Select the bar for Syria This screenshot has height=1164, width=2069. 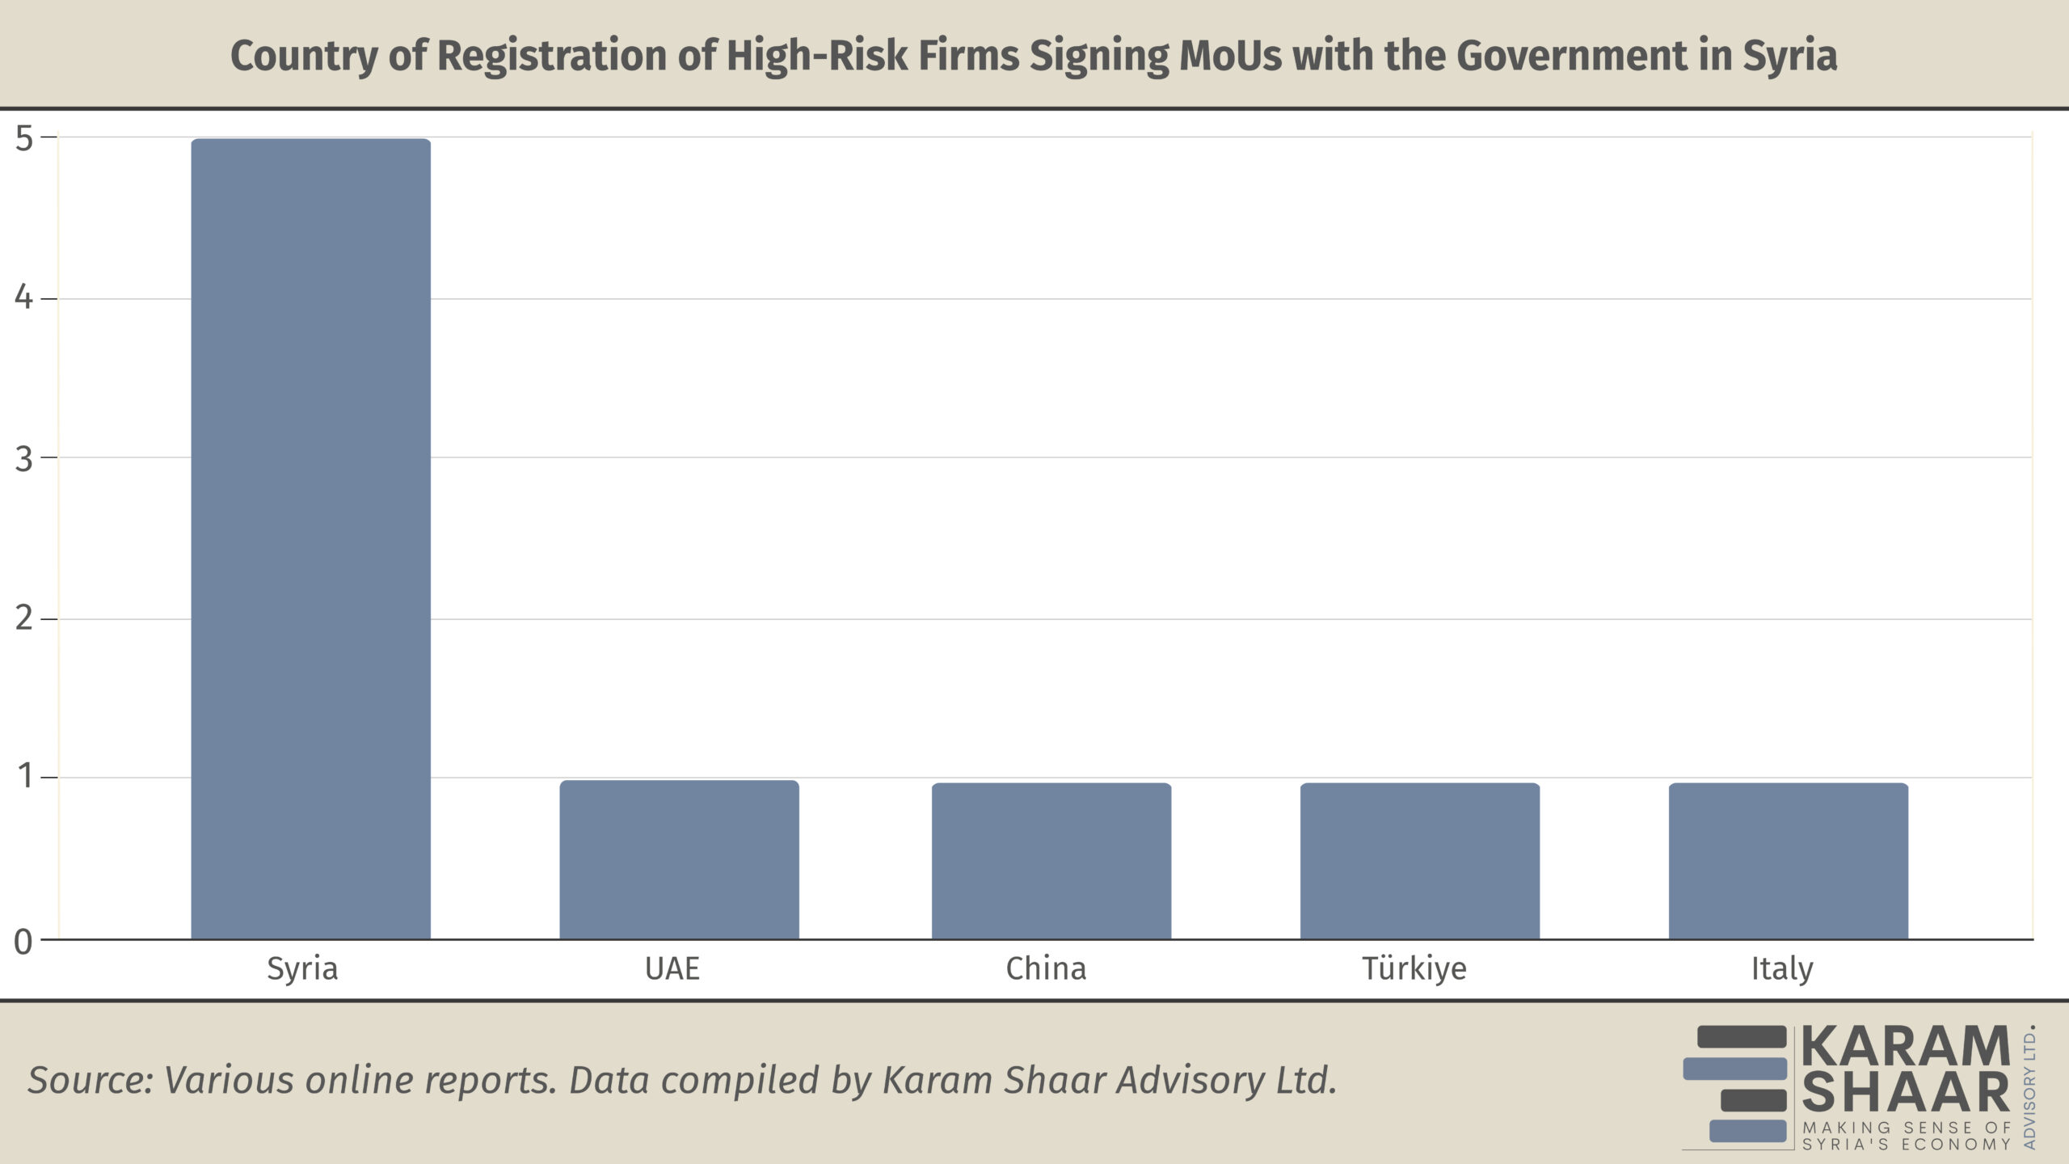(310, 538)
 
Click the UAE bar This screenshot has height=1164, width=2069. (679, 859)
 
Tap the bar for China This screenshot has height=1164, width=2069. (1051, 861)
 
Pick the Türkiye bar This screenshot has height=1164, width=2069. (1419, 861)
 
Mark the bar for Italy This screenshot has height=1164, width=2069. (1788, 861)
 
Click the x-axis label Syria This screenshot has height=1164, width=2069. (302, 968)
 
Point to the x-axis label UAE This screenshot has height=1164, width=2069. (672, 968)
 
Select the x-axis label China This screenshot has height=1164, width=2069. (1046, 968)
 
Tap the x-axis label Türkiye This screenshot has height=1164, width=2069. (1414, 968)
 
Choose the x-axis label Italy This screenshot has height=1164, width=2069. (1782, 968)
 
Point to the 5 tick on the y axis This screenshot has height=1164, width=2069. (24, 138)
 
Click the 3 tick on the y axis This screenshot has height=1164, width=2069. (24, 458)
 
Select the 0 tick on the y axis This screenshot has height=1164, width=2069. (24, 942)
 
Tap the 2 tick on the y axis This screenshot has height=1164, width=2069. (24, 618)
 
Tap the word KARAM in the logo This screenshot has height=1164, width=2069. (1906, 1047)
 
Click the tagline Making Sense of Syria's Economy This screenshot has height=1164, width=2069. (1906, 1136)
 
